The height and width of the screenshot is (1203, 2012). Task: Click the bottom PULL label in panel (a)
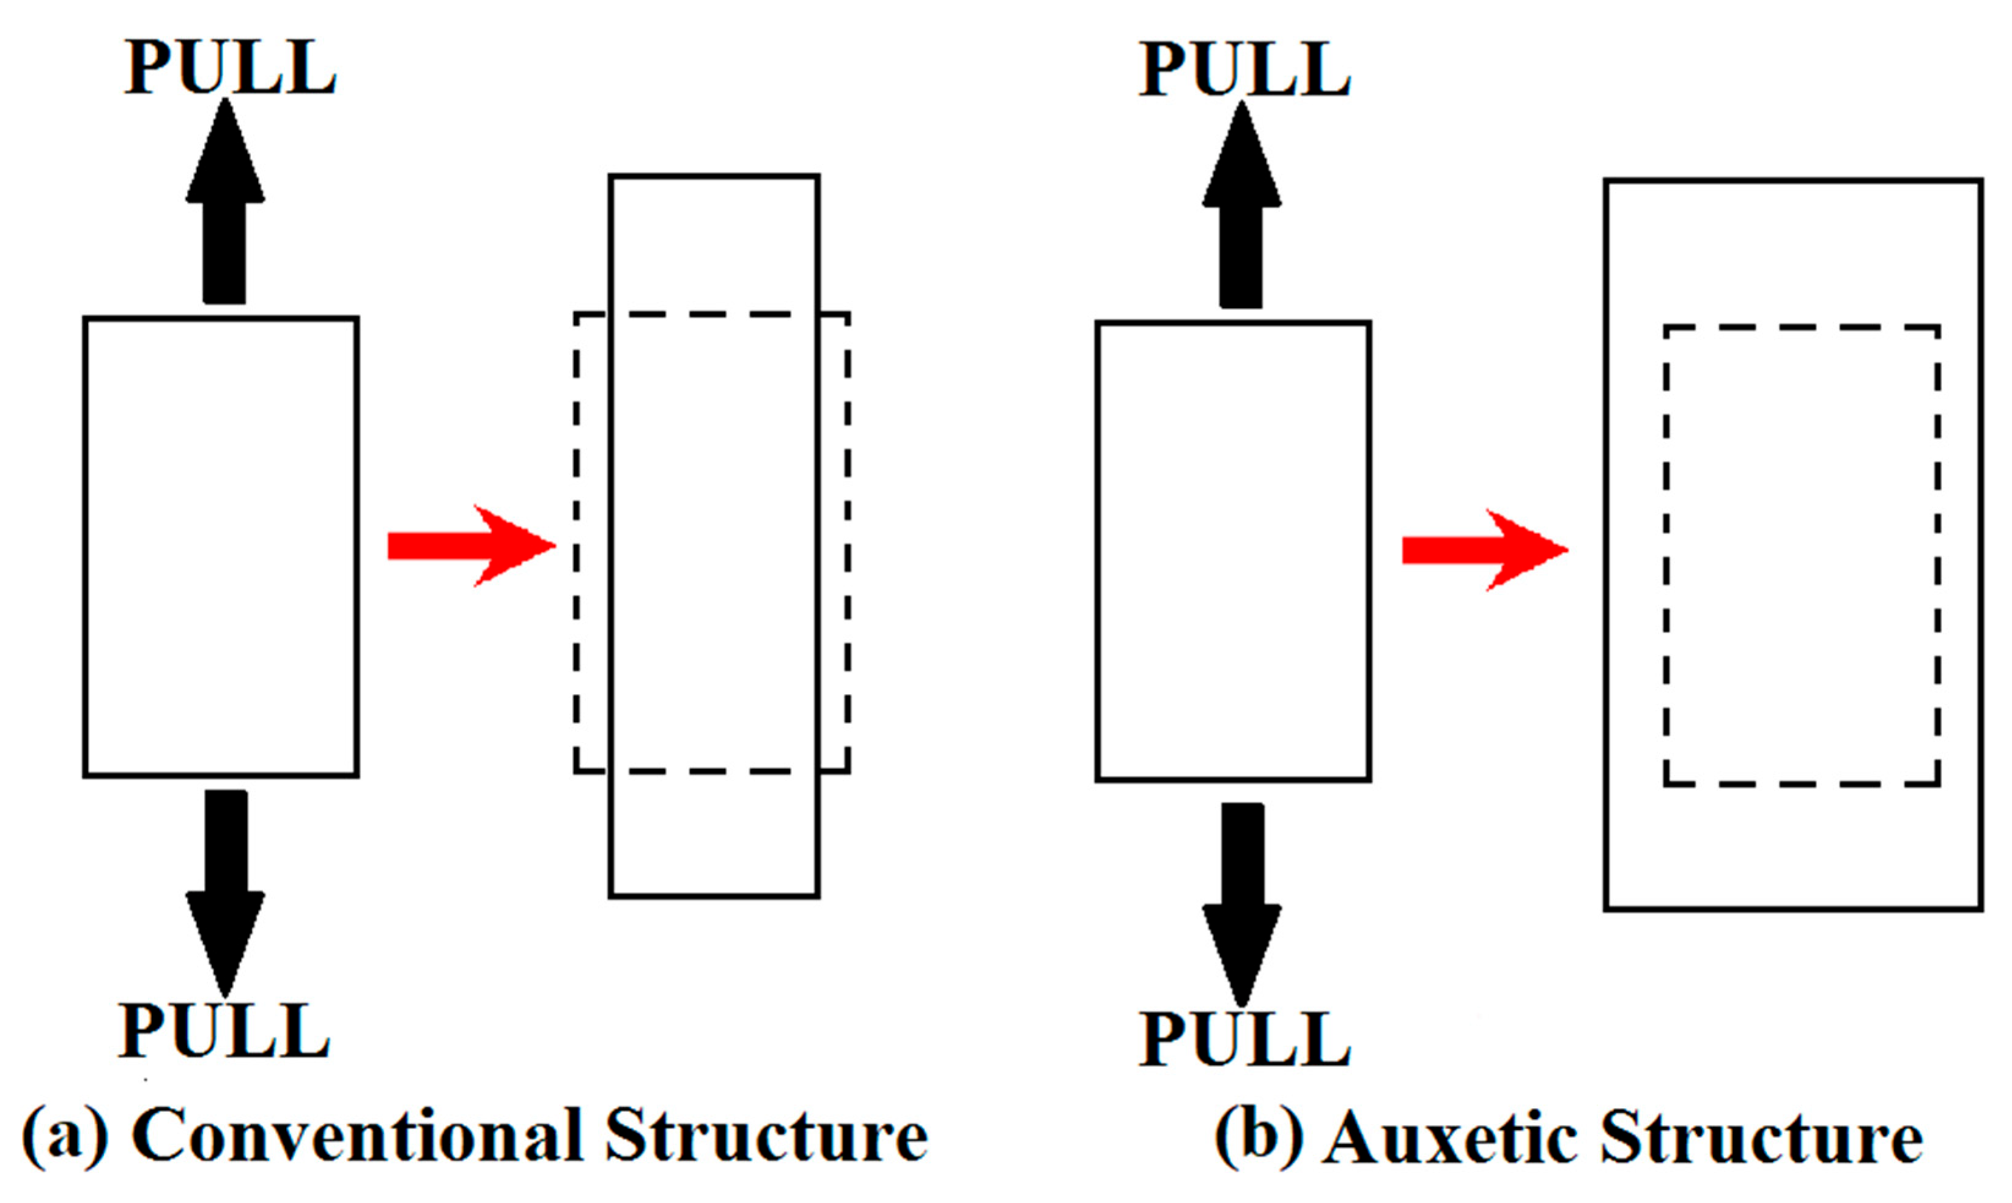pos(224,1031)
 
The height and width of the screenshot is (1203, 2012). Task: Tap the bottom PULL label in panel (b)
pos(1245,1040)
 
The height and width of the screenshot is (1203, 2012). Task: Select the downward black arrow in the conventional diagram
pos(226,884)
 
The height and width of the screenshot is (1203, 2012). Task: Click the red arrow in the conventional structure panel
pos(470,546)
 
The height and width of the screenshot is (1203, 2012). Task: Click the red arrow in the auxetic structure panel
pos(1484,550)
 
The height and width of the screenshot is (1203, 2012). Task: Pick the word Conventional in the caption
pos(356,1136)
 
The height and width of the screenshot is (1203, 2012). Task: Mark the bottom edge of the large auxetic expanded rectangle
pos(1793,909)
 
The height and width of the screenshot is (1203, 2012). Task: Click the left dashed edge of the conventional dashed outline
pos(576,543)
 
